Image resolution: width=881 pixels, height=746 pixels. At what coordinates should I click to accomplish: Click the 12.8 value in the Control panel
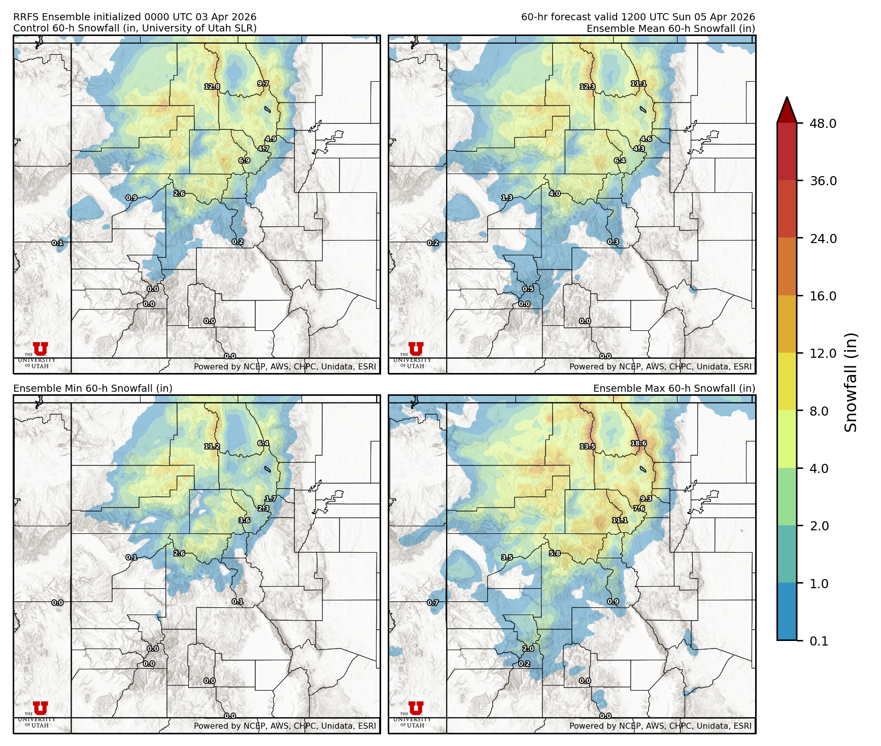coord(212,87)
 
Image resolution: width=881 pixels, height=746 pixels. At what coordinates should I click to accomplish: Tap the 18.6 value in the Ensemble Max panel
coord(638,444)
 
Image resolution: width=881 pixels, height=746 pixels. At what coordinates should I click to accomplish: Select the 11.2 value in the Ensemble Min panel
coord(212,447)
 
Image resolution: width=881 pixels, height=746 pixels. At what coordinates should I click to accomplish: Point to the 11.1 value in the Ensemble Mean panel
coord(638,84)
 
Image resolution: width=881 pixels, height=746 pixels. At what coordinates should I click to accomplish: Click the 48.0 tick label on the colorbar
coord(823,123)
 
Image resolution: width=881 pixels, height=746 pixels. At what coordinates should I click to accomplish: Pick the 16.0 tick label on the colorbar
coord(823,296)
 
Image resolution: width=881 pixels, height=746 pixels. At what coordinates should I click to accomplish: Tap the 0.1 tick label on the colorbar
coord(819,641)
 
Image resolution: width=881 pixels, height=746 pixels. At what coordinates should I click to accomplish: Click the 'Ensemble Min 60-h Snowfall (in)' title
coord(93,388)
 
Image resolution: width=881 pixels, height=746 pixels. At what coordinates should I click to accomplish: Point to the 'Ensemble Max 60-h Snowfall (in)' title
coord(674,388)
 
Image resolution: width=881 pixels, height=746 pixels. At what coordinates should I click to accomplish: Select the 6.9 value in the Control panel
coord(244,161)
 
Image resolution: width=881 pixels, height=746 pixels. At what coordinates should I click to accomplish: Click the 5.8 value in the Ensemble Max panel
coord(555,553)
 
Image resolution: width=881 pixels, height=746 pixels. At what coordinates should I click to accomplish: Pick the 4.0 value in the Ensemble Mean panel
coord(555,194)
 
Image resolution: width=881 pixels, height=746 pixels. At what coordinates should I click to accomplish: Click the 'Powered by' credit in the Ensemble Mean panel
coord(660,366)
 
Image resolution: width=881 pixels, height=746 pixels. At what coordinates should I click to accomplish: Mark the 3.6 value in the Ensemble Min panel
coord(244,520)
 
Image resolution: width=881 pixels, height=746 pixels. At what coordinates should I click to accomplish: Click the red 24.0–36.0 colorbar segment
coord(787,209)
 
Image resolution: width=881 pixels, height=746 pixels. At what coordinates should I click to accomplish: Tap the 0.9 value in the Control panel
coord(131,198)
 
